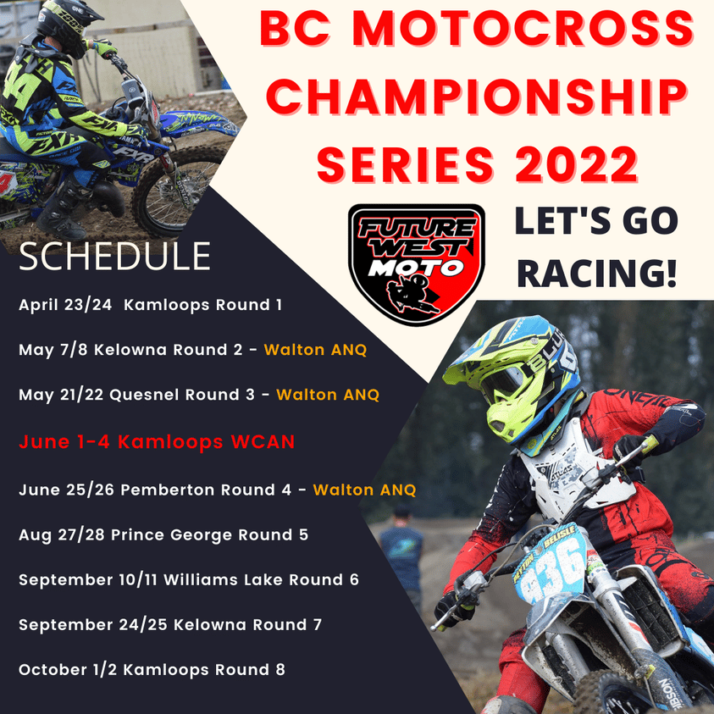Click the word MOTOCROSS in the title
(523, 28)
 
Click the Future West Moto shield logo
(416, 265)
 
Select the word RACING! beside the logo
(596, 274)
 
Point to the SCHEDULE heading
(114, 257)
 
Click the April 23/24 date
(65, 305)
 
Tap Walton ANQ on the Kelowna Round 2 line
(315, 350)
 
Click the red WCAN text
(263, 441)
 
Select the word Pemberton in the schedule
(168, 490)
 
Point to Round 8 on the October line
(250, 669)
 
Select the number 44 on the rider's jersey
(19, 86)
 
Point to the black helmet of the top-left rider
(68, 24)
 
